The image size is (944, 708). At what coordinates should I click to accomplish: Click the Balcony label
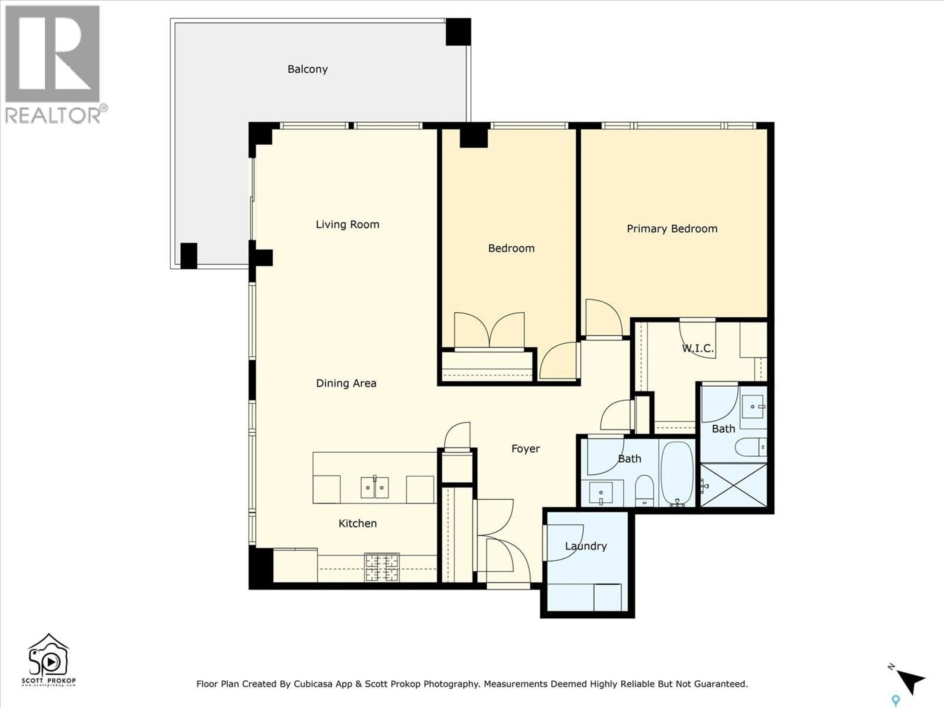(x=307, y=69)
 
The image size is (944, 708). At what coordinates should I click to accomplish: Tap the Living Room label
(x=347, y=224)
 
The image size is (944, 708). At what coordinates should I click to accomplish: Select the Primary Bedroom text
(x=672, y=229)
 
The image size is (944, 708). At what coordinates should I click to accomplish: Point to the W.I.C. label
(x=697, y=348)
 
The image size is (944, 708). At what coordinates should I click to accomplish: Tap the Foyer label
(x=525, y=449)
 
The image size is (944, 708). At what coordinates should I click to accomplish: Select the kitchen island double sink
(x=375, y=487)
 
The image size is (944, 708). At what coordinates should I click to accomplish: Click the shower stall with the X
(x=734, y=485)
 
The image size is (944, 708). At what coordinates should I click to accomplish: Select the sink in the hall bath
(x=601, y=493)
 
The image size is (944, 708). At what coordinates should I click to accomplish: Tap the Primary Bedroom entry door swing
(x=602, y=318)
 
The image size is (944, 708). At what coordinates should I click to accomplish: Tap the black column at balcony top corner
(x=458, y=31)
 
